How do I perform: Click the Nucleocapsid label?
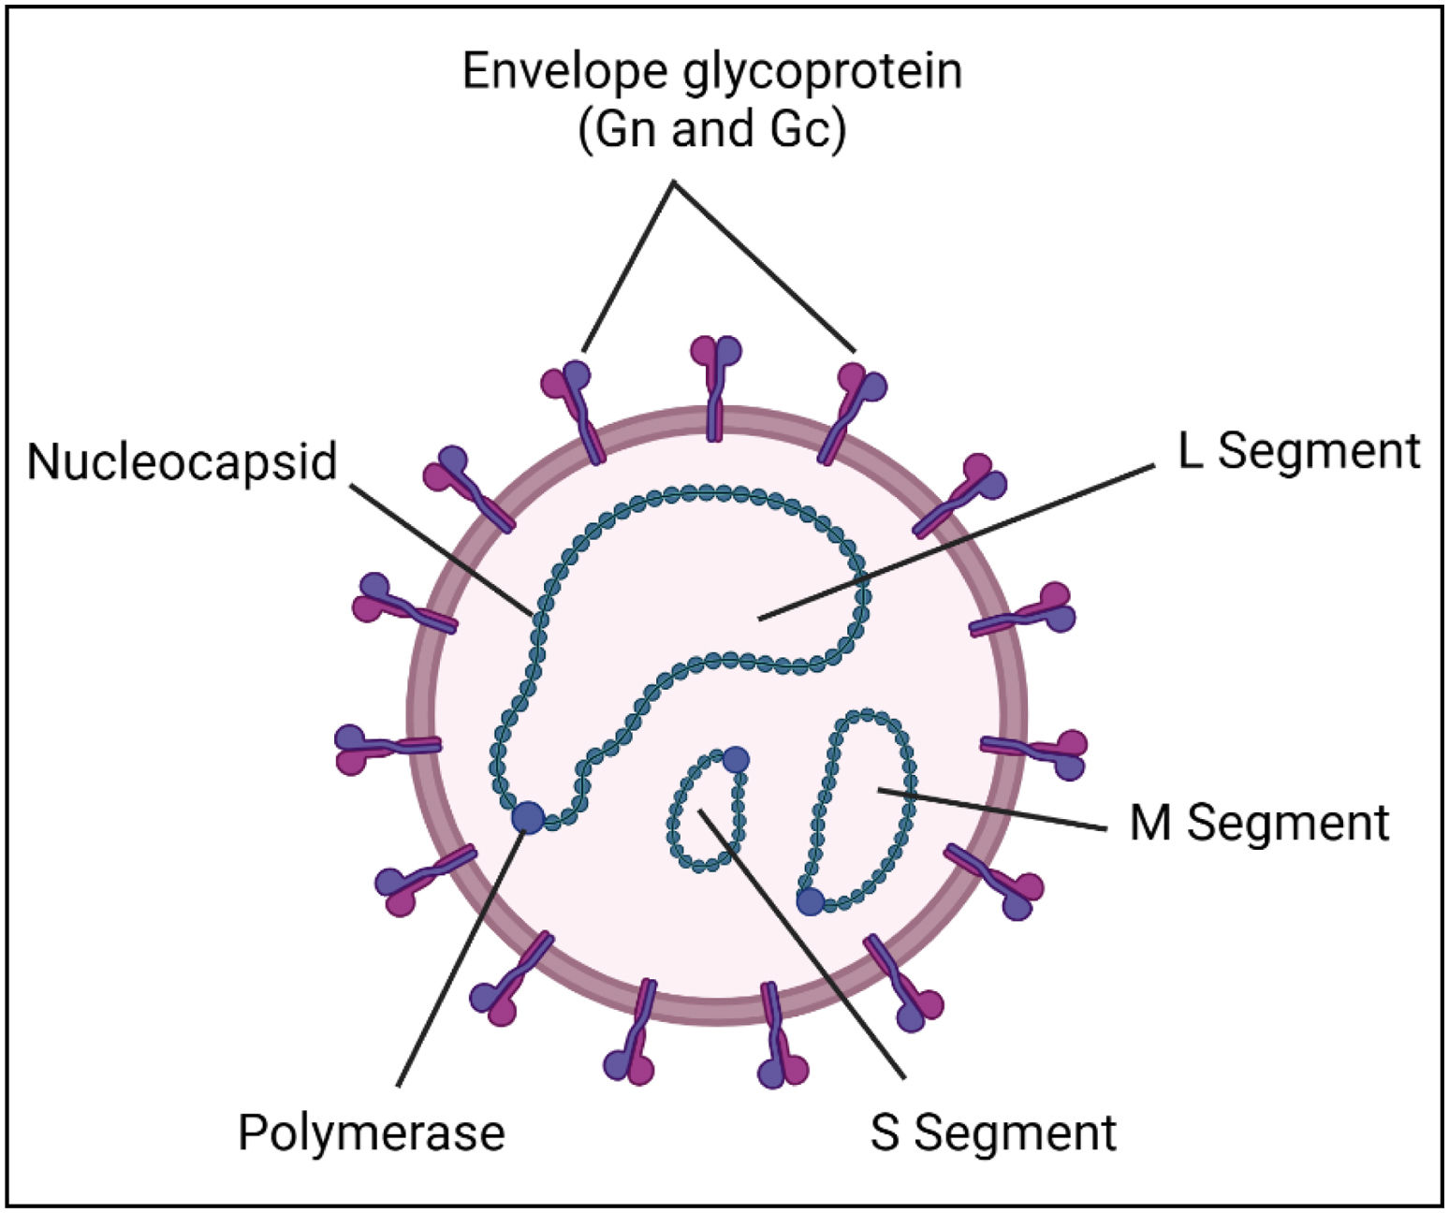click(182, 461)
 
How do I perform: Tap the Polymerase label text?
click(372, 1132)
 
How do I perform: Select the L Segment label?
click(1299, 451)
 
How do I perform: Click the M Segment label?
click(1259, 823)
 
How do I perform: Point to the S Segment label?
click(993, 1132)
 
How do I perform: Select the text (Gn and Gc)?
click(712, 129)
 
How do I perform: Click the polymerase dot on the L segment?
click(528, 816)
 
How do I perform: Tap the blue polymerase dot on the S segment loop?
click(736, 759)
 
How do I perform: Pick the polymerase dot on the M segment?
click(810, 901)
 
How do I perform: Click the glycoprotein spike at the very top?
click(716, 384)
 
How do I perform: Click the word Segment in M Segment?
click(1288, 823)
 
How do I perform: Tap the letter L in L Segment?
click(1189, 451)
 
